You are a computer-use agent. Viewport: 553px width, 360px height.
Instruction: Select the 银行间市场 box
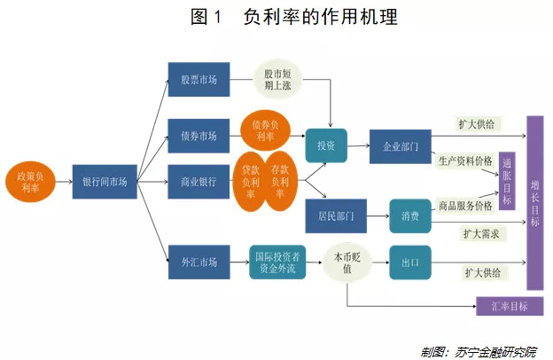pyautogui.click(x=104, y=182)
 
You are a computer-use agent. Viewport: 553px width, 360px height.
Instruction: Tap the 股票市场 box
pyautogui.click(x=199, y=79)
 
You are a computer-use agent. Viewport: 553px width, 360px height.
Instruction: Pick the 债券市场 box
pyautogui.click(x=199, y=136)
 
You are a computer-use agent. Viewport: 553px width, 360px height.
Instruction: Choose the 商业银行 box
pyautogui.click(x=199, y=182)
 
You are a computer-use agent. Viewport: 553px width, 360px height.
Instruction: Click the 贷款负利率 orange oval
pyautogui.click(x=251, y=181)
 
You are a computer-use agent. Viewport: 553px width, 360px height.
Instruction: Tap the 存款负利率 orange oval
pyautogui.click(x=279, y=181)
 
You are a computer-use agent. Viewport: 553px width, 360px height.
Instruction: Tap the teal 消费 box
pyautogui.click(x=409, y=215)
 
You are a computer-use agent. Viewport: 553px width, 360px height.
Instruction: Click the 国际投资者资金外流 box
pyautogui.click(x=277, y=262)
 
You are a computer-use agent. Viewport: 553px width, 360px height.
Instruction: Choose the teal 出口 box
pyautogui.click(x=409, y=262)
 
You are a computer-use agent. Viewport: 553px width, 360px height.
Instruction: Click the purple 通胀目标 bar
pyautogui.click(x=506, y=182)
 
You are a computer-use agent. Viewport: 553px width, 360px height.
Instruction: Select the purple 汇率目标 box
pyautogui.click(x=508, y=306)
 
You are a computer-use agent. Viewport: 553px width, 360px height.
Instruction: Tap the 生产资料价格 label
pyautogui.click(x=465, y=161)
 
